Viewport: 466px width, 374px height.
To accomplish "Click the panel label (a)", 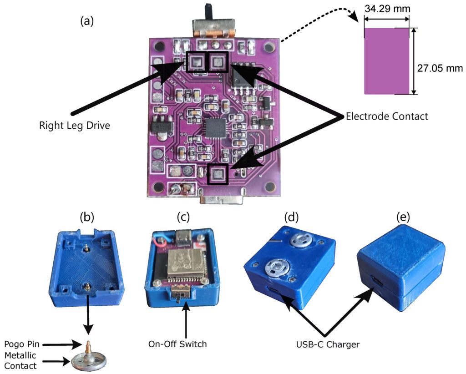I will [86, 21].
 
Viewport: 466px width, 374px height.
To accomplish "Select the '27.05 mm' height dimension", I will [440, 68].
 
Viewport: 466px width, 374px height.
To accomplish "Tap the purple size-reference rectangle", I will [386, 61].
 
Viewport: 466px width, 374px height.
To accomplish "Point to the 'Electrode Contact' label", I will [386, 116].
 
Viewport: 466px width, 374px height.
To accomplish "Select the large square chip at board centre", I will [215, 128].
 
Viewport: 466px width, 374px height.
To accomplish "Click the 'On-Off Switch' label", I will [178, 344].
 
